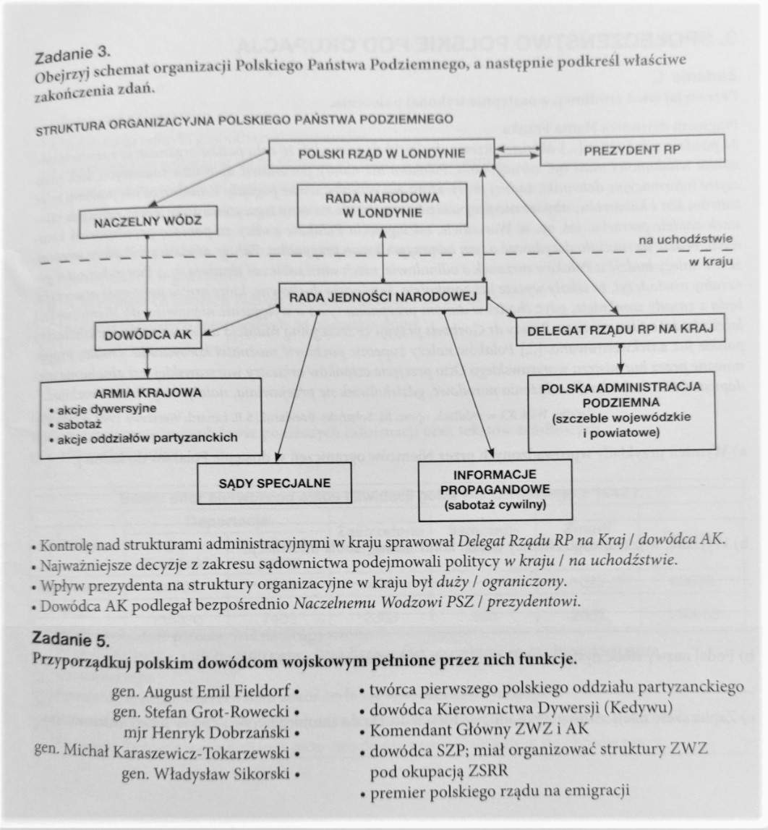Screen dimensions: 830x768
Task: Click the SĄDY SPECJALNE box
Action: pos(275,482)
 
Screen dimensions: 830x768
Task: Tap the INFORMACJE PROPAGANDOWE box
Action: pos(495,489)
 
